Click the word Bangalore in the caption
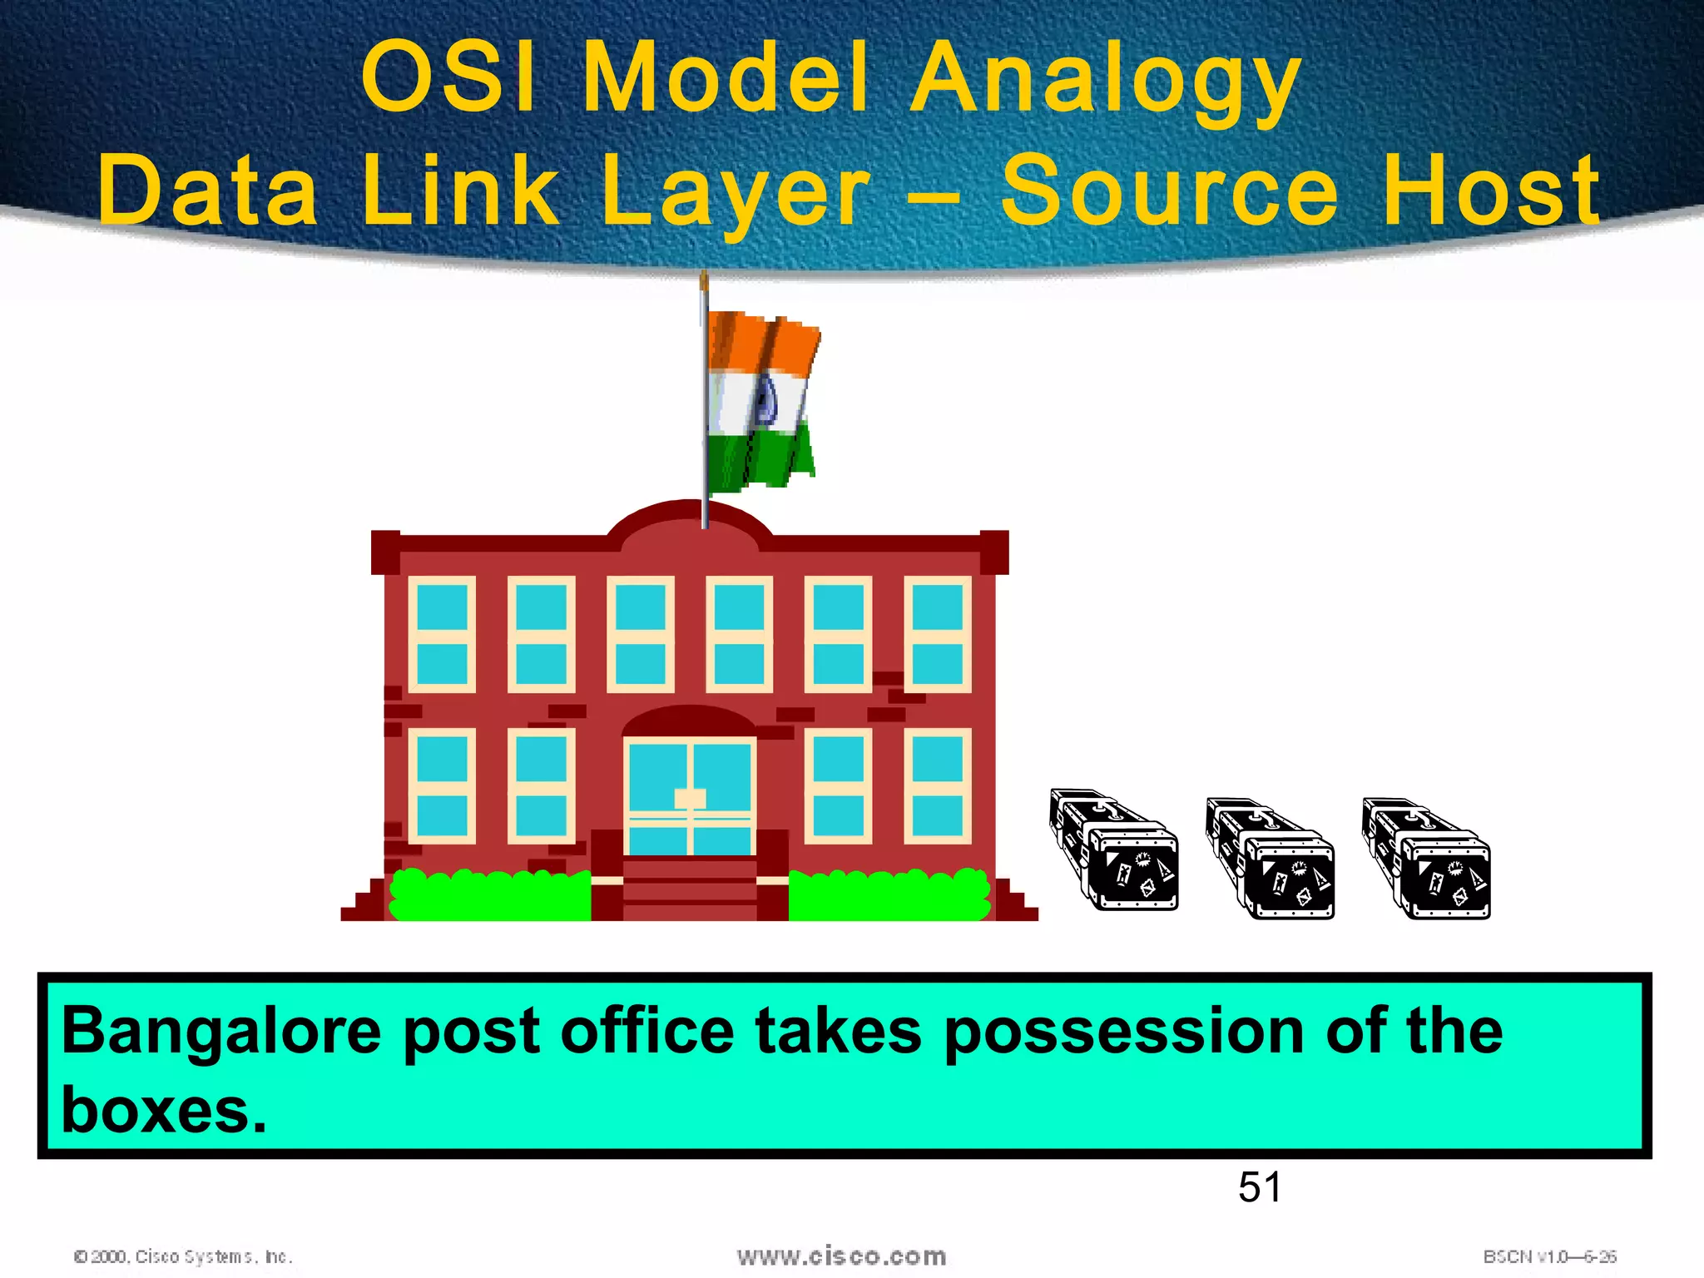(x=221, y=1032)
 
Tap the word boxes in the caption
(x=163, y=1110)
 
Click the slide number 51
(x=1259, y=1186)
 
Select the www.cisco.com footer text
(x=841, y=1256)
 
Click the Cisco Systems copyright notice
(x=183, y=1256)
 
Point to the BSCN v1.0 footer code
(x=1549, y=1256)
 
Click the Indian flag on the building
(x=761, y=399)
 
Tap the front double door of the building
(x=690, y=797)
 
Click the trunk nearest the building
(x=1115, y=850)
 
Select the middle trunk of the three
(x=1271, y=859)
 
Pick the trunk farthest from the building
(x=1427, y=859)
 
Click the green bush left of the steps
(x=491, y=895)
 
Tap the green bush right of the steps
(x=889, y=895)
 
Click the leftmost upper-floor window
(x=442, y=634)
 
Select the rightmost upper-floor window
(x=937, y=634)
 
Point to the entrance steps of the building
(x=690, y=889)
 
